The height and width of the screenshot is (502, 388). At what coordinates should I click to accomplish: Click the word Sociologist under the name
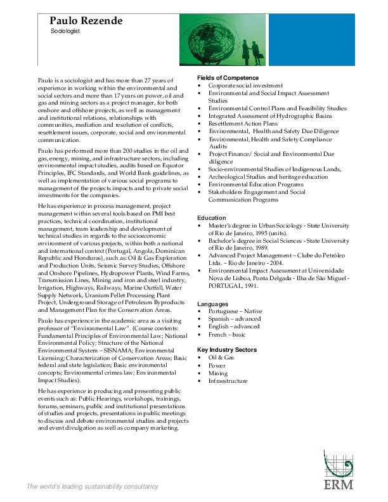(x=65, y=30)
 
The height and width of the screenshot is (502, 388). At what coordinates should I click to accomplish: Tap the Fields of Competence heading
(x=228, y=77)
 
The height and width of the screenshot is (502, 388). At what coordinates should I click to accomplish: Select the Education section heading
(x=211, y=217)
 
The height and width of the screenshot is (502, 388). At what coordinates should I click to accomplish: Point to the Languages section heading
(x=212, y=304)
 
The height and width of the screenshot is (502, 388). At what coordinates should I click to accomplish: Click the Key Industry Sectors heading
(x=227, y=350)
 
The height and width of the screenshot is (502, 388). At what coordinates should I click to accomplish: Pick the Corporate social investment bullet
(x=245, y=85)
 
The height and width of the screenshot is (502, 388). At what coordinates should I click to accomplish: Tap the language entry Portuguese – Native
(x=235, y=311)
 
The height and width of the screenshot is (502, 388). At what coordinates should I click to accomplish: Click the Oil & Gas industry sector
(x=221, y=357)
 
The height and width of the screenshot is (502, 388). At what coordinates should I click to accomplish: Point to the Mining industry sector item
(x=217, y=373)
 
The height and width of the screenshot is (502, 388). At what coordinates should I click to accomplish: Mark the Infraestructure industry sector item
(x=228, y=381)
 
